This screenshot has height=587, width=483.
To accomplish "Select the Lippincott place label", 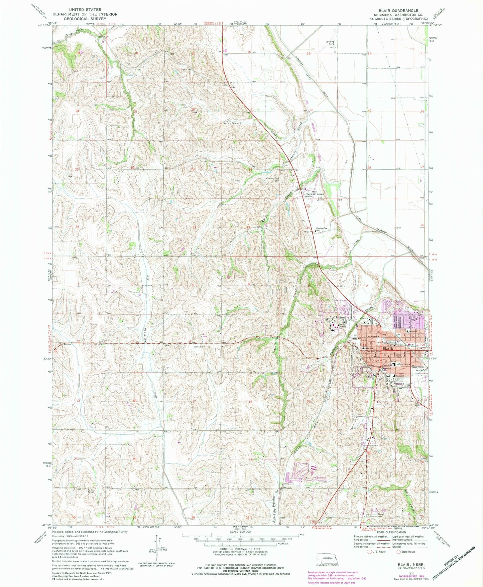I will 232,123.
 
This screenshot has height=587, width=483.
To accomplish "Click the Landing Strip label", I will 330,43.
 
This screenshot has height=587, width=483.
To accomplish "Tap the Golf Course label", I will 320,199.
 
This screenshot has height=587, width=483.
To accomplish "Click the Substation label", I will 199,347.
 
